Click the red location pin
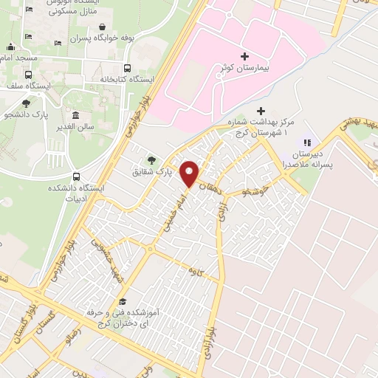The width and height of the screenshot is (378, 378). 190,173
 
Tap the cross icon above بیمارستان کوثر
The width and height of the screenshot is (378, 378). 244,55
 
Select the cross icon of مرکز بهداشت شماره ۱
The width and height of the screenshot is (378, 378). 261,110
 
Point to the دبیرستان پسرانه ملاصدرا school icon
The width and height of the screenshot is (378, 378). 308,142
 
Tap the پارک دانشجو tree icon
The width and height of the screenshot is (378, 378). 27,103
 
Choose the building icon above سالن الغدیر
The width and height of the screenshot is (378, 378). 75,116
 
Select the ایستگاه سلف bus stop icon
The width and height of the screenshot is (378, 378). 29,75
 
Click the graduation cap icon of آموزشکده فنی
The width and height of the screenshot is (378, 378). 123,302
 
